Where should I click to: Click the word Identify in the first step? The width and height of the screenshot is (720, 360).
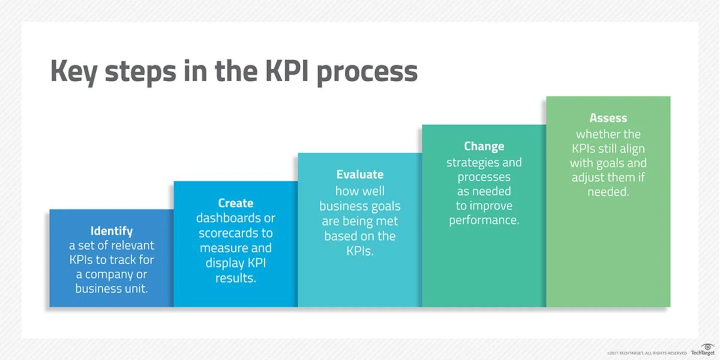[111, 231]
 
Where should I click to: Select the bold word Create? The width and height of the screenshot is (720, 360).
[235, 203]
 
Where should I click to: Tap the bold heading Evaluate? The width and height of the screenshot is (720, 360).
[360, 174]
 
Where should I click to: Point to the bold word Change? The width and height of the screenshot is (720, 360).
[484, 146]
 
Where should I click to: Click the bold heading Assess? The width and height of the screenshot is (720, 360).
[608, 118]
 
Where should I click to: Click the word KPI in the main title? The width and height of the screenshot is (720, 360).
[287, 71]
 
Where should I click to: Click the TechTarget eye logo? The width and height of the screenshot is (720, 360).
[707, 347]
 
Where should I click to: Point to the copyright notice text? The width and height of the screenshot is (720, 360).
[646, 353]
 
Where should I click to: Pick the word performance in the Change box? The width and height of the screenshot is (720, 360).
[484, 220]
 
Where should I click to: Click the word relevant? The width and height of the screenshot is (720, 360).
[132, 245]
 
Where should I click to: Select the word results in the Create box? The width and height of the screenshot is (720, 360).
[235, 278]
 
